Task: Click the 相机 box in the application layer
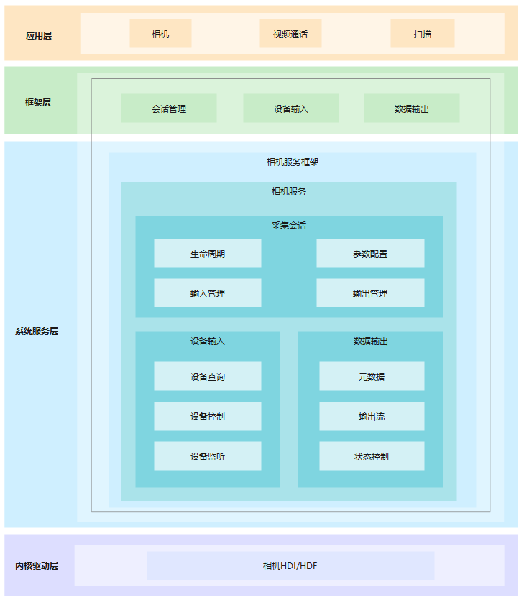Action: (160, 34)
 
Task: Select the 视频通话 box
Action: (290, 34)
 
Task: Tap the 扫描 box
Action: (423, 34)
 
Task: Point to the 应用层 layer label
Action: (39, 34)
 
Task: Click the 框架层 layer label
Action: (38, 102)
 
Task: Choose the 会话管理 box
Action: (169, 108)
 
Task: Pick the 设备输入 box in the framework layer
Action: (290, 108)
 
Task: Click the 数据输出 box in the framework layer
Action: (412, 108)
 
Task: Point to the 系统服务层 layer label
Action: (37, 331)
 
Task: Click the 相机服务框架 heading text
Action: (292, 162)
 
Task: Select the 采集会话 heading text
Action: (289, 225)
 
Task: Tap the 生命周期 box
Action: (208, 254)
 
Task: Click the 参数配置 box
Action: (370, 254)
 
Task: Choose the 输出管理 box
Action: (370, 293)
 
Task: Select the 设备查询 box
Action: (208, 376)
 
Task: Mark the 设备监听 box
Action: (208, 456)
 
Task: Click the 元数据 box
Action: (372, 376)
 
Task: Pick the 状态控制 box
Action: (372, 456)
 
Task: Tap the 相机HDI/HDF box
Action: (290, 565)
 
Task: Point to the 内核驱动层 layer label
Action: (37, 565)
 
